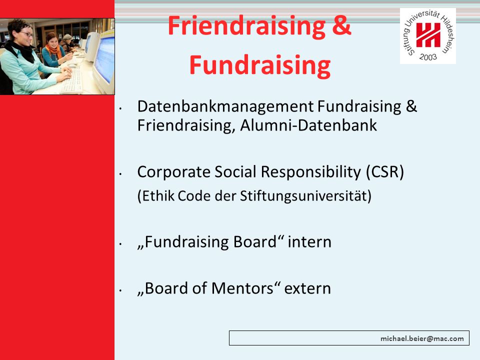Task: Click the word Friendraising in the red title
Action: (246, 26)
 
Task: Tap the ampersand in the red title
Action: (341, 25)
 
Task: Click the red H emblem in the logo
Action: (428, 35)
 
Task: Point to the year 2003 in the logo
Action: (428, 57)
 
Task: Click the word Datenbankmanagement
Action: (225, 107)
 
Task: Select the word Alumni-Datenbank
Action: (308, 125)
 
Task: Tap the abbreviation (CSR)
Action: (385, 172)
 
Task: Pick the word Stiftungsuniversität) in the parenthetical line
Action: (305, 196)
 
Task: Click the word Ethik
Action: (156, 196)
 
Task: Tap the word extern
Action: (307, 289)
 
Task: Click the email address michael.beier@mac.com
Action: (422, 338)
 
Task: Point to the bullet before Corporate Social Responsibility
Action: (121, 174)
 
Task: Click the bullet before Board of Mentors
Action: (121, 290)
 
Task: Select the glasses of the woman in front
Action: (27, 33)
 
